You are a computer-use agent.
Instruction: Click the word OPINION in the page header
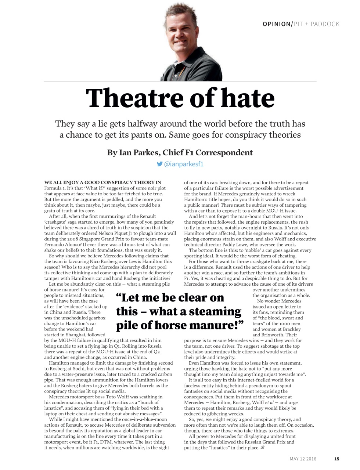pyautogui.click(x=276, y=24)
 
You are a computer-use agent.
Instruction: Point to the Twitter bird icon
pyautogui.click(x=159, y=164)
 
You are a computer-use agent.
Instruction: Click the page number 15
pyautogui.click(x=337, y=459)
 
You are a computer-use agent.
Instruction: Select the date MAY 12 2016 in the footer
pyautogui.click(x=303, y=459)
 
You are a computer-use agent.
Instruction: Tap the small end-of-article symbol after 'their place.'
pyautogui.click(x=262, y=448)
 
